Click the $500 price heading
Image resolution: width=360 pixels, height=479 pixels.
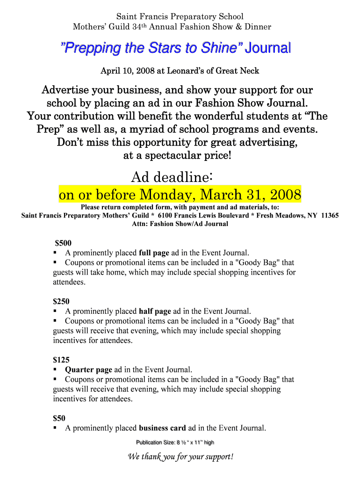pos(63,243)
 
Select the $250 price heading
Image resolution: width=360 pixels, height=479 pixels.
pos(61,301)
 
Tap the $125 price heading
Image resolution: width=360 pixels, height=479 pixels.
pos(61,360)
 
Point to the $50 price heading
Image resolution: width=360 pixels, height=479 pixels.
pos(59,418)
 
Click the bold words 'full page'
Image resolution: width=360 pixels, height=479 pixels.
pos(154,253)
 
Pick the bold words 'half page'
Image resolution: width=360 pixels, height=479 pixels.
pos(155,311)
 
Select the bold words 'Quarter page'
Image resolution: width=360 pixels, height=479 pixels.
pos(88,370)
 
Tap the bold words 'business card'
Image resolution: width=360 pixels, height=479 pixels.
pos(162,428)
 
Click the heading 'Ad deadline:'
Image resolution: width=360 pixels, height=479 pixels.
pos(173,177)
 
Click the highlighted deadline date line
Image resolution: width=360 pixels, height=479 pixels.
pos(180,194)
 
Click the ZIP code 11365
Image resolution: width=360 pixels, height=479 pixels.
pos(330,216)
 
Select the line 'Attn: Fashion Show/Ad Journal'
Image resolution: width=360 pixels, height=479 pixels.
pos(180,224)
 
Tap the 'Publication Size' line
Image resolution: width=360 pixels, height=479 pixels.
pos(175,443)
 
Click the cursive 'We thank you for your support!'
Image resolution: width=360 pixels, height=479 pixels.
pos(180,457)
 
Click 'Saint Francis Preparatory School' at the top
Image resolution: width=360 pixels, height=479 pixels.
pos(180,17)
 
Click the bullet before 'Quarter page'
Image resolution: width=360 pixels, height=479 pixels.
pos(55,370)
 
